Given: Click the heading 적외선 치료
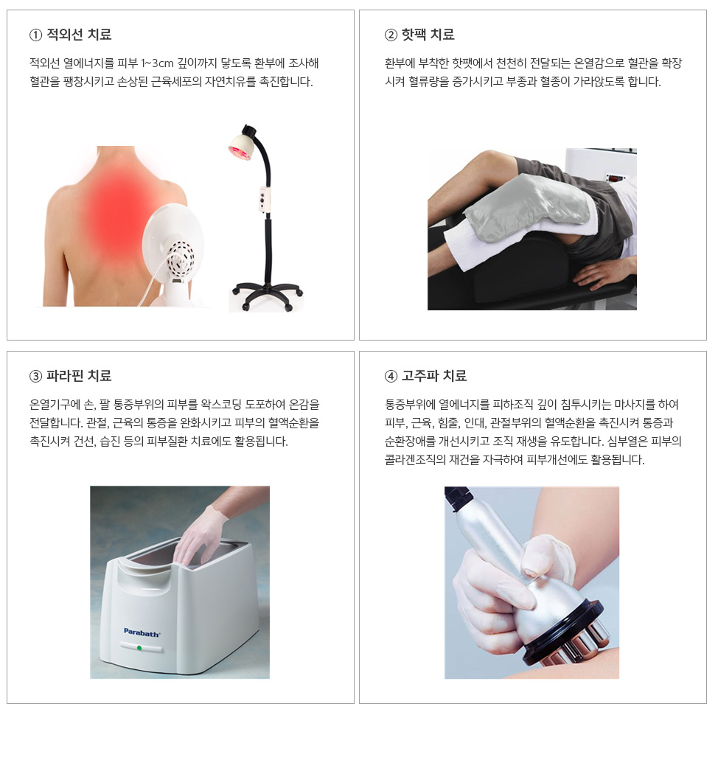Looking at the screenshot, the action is pos(79,35).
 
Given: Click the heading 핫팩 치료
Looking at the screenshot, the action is pos(428,35).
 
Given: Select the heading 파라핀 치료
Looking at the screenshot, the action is pos(79,376).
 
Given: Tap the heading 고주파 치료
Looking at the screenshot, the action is pos(434,376).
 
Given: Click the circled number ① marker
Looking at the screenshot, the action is pos(35,35).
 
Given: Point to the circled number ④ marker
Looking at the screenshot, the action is pos(391,376).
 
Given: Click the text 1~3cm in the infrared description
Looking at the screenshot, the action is pos(157,63).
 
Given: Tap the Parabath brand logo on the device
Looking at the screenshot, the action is pos(142,632).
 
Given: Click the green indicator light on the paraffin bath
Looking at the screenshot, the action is pos(139,648).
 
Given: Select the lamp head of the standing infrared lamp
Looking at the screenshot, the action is pos(243,143).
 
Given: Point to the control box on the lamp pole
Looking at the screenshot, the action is pos(264,199).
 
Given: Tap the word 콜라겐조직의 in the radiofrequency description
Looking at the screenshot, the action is pos(415,460).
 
